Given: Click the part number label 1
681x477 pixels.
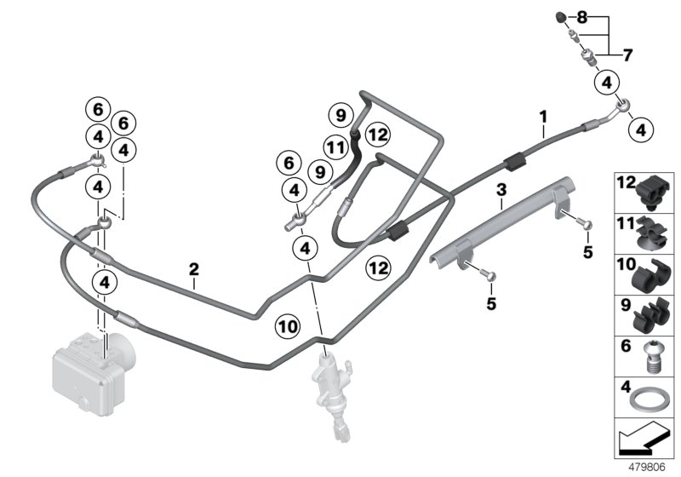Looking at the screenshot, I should [542, 114].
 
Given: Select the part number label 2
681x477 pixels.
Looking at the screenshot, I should [194, 269].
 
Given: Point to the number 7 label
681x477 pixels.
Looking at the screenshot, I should [627, 56].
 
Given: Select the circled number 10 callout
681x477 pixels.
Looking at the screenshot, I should [288, 325].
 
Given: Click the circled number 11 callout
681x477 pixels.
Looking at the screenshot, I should [337, 147].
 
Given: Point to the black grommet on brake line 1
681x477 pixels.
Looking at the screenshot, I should [513, 159].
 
